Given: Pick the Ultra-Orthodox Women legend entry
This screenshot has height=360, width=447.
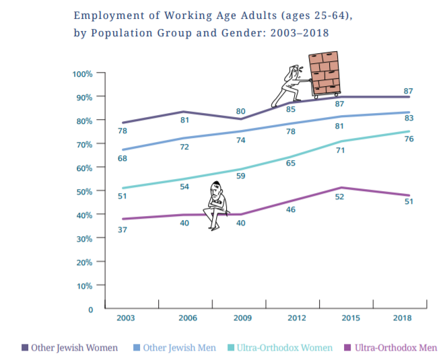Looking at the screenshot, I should point(283,348).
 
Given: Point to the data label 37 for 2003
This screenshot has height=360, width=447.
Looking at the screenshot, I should point(123,230).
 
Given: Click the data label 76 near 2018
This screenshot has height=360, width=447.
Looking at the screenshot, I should point(408,139).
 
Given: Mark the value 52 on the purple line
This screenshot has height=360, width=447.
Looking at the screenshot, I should point(340,196).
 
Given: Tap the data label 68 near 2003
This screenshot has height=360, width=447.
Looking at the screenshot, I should point(123,159).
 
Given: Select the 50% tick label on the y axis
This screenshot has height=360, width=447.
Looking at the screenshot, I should point(83,191).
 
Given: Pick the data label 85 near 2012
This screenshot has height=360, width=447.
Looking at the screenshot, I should point(291,109).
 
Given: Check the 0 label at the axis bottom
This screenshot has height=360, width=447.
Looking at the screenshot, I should point(90,310).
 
